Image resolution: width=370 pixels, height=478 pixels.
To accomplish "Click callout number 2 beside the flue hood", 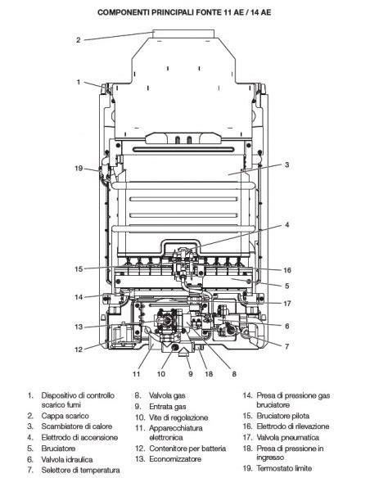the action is click(79, 40).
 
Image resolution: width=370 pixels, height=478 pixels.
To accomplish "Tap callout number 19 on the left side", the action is click(79, 169).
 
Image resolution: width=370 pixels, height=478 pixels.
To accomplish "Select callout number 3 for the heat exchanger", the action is click(287, 165).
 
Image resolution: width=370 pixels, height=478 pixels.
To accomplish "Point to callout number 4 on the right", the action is click(287, 225).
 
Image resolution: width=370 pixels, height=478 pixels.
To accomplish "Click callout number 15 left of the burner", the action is click(79, 269).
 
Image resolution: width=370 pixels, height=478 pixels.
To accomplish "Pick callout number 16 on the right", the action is click(287, 270).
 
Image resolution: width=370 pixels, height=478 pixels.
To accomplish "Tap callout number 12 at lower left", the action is click(79, 349).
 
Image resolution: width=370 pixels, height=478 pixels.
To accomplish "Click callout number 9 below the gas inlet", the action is click(191, 374).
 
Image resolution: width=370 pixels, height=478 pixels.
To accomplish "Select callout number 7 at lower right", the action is click(287, 346).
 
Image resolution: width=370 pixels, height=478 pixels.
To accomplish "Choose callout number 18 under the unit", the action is click(209, 374).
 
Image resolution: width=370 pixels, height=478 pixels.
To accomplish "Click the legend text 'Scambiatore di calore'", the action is click(77, 426).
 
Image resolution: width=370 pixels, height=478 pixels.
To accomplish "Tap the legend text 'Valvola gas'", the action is click(167, 395).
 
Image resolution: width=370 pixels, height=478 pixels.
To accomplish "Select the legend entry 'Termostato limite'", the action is click(284, 468).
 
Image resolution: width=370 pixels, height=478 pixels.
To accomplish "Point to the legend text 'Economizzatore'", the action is click(175, 459).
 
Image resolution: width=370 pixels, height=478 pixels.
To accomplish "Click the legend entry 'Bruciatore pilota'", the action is click(283, 416).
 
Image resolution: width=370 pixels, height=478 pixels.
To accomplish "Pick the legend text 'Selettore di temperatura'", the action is click(80, 471).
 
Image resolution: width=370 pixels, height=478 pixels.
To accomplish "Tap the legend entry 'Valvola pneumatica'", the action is click(287, 438).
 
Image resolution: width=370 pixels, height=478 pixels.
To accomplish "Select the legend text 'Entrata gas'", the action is click(168, 407).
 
